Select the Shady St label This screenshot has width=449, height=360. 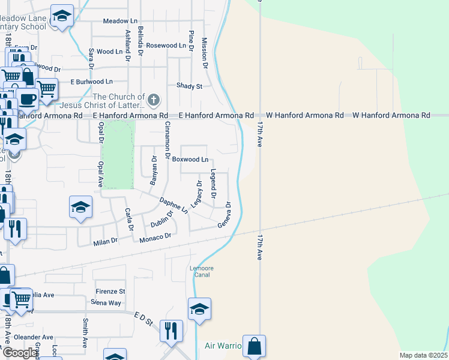point(189,86)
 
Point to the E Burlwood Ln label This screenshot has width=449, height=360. point(91,82)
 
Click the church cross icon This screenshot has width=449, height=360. point(154,100)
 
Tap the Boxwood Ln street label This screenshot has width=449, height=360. point(190,160)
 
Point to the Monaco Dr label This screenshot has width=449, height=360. point(155,237)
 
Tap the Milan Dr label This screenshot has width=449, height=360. point(106,242)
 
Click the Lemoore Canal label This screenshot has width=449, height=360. point(202,271)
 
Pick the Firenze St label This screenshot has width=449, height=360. point(110,292)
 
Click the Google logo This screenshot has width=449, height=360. point(20,353)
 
